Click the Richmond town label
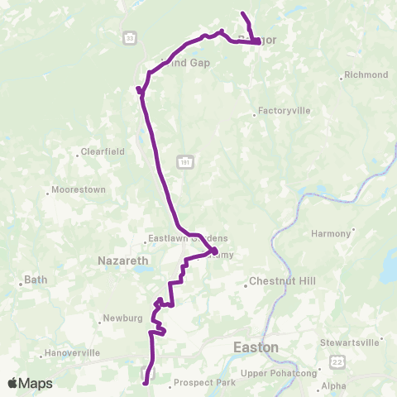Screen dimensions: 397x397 [366, 75]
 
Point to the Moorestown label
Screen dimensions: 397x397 [79, 189]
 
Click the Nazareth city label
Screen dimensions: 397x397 [123, 260]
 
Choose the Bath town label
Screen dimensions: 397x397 [36, 280]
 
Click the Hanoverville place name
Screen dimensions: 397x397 [72, 353]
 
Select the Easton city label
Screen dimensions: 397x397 [256, 347]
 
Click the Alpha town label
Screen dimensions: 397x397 [334, 385]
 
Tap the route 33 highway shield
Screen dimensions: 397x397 [130, 38]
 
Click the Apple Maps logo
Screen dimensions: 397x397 [30, 383]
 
